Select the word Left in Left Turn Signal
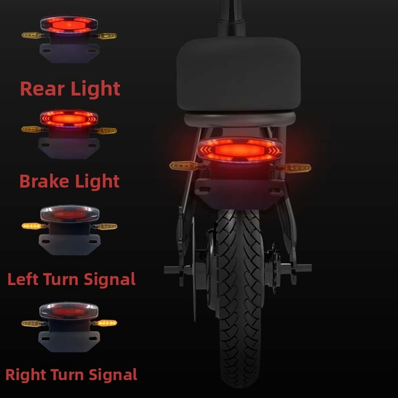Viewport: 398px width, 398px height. [23, 279]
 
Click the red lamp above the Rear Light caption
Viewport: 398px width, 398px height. [69, 25]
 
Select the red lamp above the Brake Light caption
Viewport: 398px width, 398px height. [69, 118]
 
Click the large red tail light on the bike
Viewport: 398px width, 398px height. [240, 150]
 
